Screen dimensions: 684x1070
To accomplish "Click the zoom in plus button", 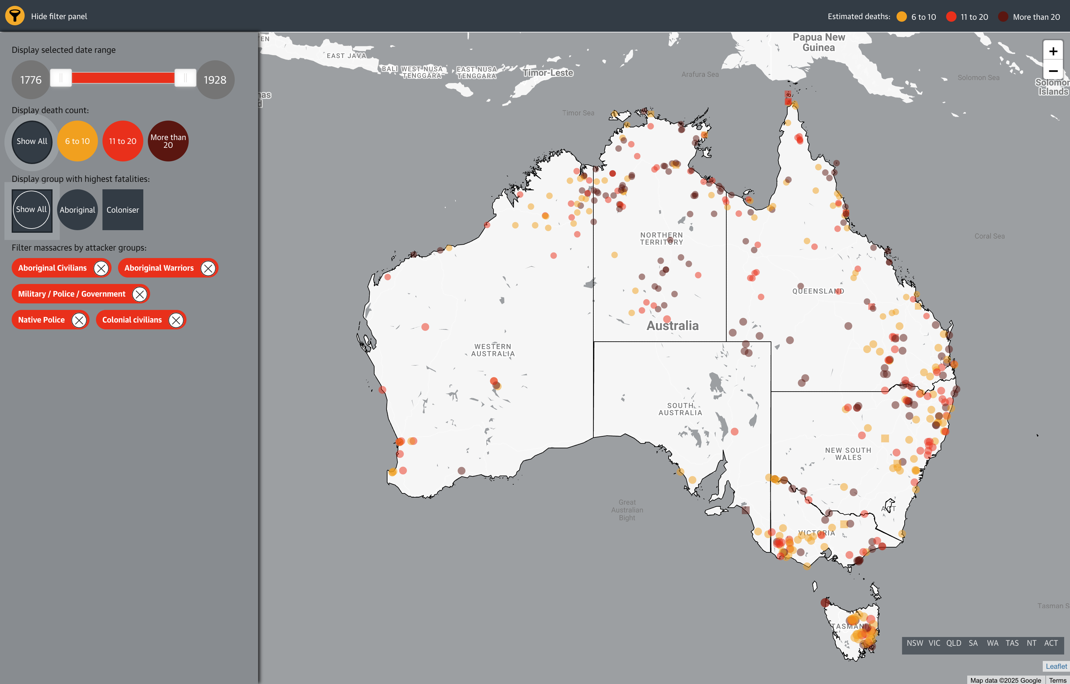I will pos(1053,52).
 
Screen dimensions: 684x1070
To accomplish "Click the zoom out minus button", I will pos(1053,71).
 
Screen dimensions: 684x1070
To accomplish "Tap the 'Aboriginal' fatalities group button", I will pos(77,210).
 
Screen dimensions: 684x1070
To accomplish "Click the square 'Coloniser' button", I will pos(123,210).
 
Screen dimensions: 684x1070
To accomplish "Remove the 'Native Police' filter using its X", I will pos(79,320).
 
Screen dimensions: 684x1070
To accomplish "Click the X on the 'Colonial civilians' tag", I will pos(176,320).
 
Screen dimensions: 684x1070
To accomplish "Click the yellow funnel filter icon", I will pos(15,16).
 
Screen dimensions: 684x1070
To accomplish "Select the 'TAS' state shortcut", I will pos(1012,643).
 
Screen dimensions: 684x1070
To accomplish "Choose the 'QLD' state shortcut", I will pos(954,643).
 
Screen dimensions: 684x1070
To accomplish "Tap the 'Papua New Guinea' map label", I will pos(818,42).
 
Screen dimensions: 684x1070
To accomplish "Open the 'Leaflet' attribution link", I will pos(1056,666).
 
